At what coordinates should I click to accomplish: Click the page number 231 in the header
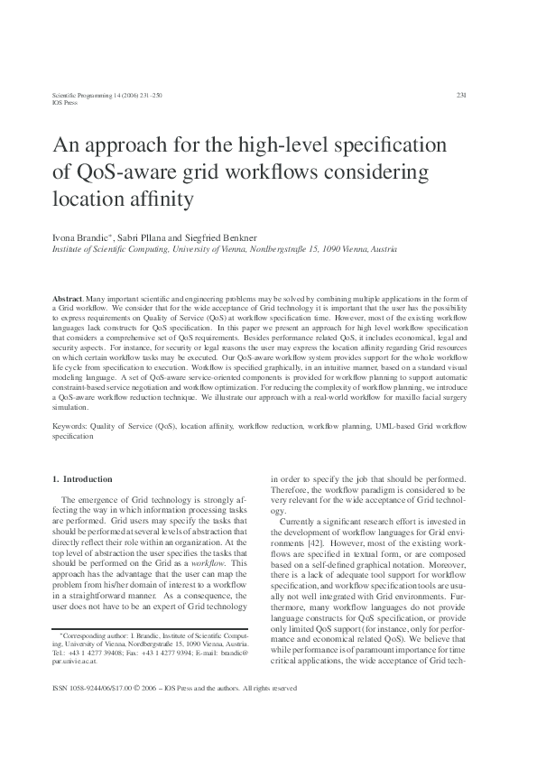click(x=461, y=95)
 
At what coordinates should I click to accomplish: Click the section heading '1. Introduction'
click(x=82, y=479)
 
